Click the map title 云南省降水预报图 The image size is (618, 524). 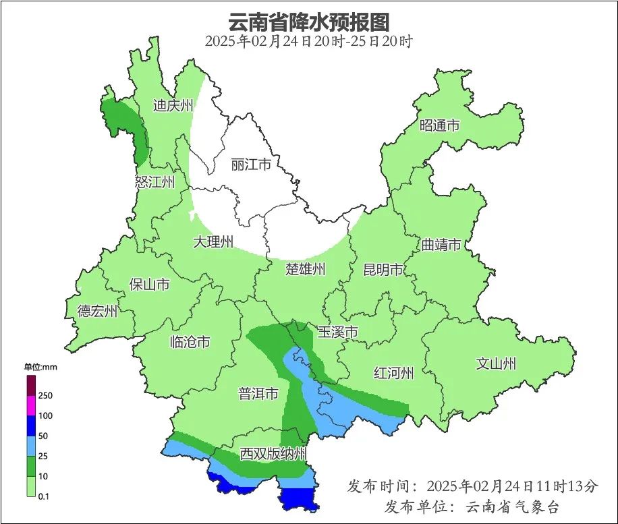click(308, 22)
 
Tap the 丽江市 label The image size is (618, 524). click(250, 165)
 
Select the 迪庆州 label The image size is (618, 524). click(173, 105)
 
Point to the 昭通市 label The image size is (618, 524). click(439, 125)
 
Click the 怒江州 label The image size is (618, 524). click(154, 182)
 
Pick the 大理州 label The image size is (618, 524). click(213, 241)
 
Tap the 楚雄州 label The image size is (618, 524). click(306, 270)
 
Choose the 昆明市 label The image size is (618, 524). click(383, 270)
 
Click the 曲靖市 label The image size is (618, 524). click(441, 244)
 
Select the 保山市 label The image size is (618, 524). click(149, 285)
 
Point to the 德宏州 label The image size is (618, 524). click(97, 311)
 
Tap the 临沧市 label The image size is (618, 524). click(190, 342)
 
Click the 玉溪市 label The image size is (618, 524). click(337, 332)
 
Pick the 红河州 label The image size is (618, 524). click(394, 373)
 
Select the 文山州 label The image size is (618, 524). click(496, 364)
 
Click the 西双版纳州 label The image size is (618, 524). click(274, 454)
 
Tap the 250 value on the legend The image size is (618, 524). click(46, 395)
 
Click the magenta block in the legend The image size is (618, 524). click(31, 406)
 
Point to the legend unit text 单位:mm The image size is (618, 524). click(40, 367)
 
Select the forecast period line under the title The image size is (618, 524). click(308, 41)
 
